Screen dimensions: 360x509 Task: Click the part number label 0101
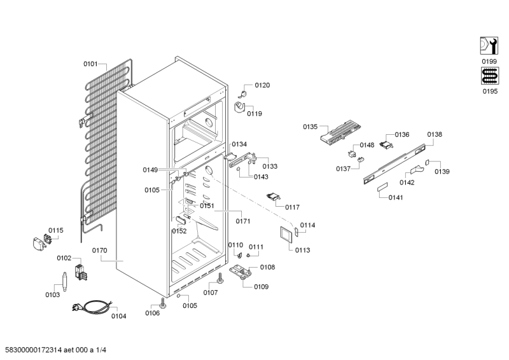tap(90, 63)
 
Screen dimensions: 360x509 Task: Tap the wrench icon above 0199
tap(489, 46)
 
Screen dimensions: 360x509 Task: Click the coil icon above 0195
tap(489, 76)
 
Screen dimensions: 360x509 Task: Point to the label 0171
tap(242, 221)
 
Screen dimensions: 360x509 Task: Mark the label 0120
tap(262, 85)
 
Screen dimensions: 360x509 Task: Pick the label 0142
tap(407, 183)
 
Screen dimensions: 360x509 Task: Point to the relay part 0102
tap(81, 272)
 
